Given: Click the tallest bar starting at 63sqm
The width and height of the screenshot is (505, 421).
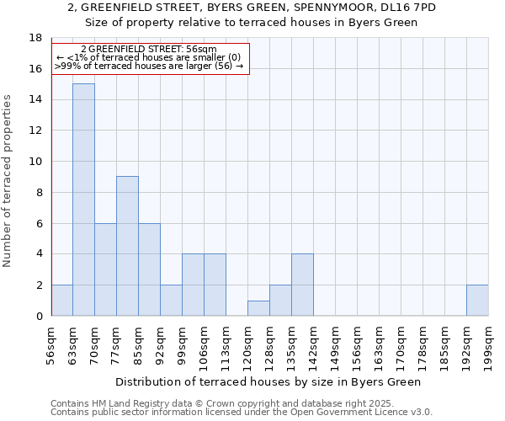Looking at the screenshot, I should (83, 200).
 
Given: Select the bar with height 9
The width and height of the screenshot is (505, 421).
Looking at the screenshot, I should (127, 246).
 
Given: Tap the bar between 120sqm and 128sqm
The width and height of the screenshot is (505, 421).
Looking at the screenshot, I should (258, 308).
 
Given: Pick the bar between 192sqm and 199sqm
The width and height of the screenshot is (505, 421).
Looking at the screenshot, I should (477, 301).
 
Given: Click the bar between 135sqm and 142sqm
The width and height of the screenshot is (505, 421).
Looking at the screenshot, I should (302, 285).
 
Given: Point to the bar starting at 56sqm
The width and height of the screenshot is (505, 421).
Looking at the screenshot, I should (61, 301).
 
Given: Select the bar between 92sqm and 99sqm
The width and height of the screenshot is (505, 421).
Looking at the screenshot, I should (171, 301).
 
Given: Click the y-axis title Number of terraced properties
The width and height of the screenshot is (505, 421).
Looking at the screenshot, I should (8, 180).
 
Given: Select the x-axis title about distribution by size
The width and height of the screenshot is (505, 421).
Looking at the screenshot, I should (268, 381).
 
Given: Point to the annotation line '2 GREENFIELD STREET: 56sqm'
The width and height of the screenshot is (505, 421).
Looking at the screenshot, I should (149, 51).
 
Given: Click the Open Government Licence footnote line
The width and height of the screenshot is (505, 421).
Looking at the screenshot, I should (242, 412).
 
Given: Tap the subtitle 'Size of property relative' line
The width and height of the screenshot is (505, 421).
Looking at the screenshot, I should (252, 22).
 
